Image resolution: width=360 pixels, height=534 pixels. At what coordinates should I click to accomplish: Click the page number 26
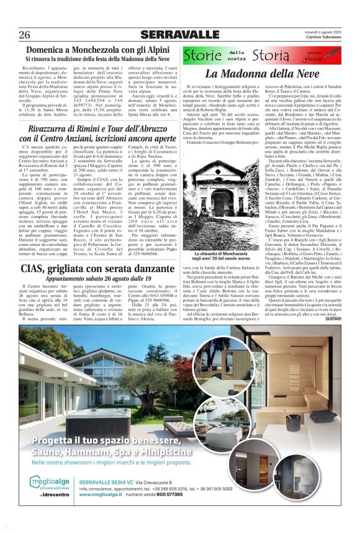tap(25, 34)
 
